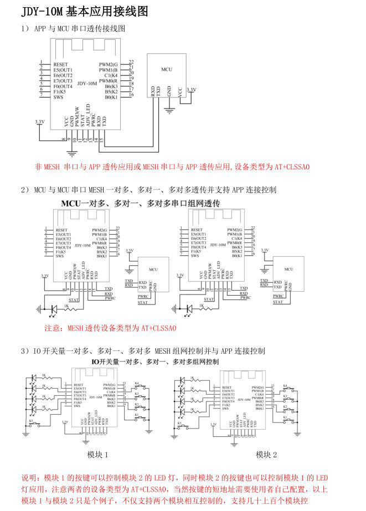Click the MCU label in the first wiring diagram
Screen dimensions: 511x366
click(166, 70)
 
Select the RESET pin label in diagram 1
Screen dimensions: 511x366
click(61, 64)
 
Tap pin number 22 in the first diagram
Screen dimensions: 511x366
click(131, 62)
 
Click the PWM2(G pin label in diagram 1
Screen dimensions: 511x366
click(109, 64)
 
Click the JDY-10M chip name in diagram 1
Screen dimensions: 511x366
click(87, 84)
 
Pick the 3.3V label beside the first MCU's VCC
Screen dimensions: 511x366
click(191, 89)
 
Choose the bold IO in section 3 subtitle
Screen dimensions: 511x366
click(96, 361)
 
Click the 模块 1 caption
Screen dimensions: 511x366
click(97, 455)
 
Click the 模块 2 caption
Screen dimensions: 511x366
click(266, 455)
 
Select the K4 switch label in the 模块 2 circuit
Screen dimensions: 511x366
click(285, 386)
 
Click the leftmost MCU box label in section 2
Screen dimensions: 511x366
click(153, 269)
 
